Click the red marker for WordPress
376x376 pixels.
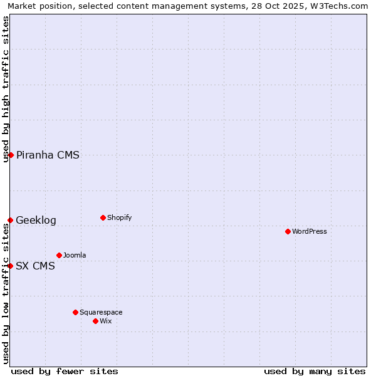pos(288,231)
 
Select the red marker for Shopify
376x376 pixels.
pos(103,217)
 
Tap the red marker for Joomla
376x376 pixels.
pos(59,255)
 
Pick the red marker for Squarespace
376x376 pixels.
pos(75,312)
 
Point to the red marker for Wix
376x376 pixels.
pos(95,321)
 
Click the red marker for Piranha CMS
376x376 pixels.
pos(11,155)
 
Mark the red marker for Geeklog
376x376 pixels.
pos(10,220)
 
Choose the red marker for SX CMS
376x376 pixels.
pos(10,266)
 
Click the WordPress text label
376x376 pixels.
pos(310,231)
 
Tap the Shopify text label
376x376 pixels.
pos(119,217)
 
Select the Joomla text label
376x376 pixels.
pos(75,255)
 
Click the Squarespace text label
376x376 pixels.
pos(101,312)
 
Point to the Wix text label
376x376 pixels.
pos(105,321)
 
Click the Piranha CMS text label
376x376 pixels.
pos(48,155)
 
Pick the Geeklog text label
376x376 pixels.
pos(36,221)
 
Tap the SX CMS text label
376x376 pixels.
pos(35,266)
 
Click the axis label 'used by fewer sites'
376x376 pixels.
pos(65,371)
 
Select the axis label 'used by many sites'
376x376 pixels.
pos(315,371)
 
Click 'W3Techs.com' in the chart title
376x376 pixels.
pos(341,6)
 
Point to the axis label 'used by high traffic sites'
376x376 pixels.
pos(6,89)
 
